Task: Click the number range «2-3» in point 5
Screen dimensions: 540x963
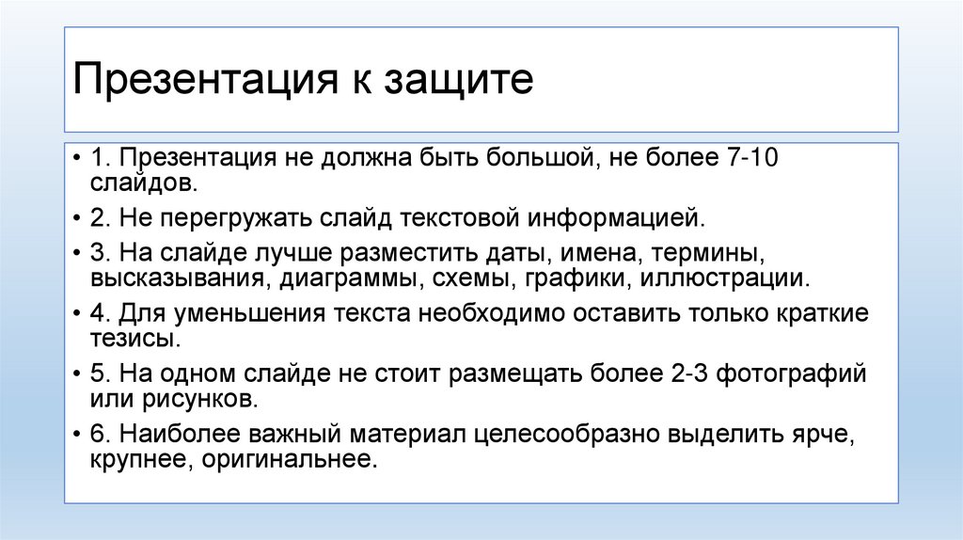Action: [687, 374]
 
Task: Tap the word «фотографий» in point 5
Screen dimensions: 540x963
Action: [791, 374]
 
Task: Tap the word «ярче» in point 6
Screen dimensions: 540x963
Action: [820, 436]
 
